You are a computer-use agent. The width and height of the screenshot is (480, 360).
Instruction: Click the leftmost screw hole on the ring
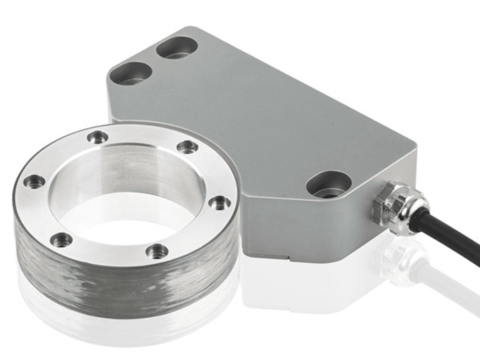[35, 181]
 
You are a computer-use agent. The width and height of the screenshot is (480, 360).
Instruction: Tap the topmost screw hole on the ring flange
[97, 137]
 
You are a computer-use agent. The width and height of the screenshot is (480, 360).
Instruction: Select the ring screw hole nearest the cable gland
[219, 203]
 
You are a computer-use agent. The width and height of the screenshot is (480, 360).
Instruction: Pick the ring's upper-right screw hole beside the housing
[187, 147]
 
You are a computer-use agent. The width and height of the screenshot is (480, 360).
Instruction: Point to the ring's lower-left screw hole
[61, 240]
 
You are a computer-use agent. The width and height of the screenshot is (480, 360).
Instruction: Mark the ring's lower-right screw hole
[157, 251]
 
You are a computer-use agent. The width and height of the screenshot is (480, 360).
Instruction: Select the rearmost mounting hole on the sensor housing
[177, 47]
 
